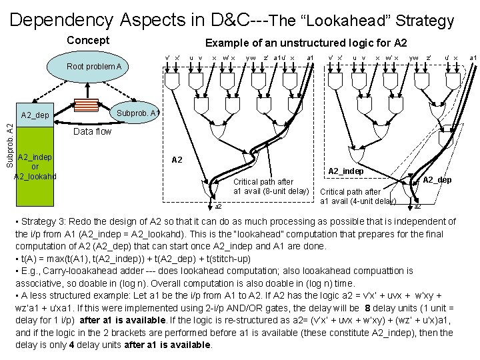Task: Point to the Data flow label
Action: coord(93,131)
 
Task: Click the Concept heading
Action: coord(88,41)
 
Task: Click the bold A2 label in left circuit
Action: coord(177,160)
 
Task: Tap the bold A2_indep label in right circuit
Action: coord(345,171)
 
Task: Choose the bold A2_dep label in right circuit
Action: coord(437,180)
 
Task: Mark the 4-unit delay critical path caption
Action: coord(358,197)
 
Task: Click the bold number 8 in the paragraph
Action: coord(367,307)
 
